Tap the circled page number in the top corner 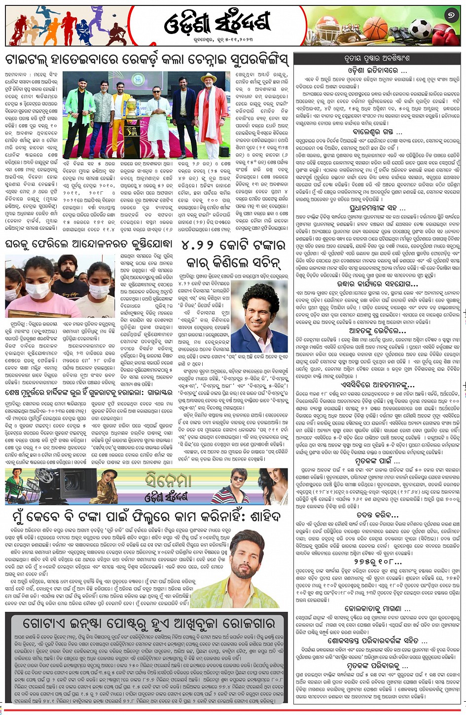click(x=450, y=16)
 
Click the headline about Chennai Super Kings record click(x=146, y=60)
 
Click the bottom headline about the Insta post click(x=146, y=622)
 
